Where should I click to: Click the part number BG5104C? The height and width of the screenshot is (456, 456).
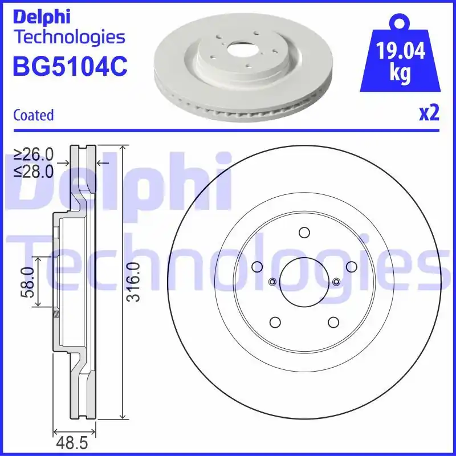tap(70, 66)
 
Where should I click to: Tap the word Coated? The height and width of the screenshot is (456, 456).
tap(34, 115)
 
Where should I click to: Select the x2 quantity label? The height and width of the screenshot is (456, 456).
tap(429, 113)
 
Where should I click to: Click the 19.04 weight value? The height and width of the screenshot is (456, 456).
tap(401, 52)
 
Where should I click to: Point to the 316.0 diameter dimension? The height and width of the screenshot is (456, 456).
tap(133, 282)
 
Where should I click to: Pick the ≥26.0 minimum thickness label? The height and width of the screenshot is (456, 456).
tap(34, 154)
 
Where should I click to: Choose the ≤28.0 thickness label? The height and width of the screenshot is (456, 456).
tap(34, 170)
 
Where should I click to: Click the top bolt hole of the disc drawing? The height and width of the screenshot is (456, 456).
tap(304, 233)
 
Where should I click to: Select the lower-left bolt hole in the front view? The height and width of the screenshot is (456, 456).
tap(275, 322)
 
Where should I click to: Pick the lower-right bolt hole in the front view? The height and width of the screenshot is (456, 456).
tap(333, 322)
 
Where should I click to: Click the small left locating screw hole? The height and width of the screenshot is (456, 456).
tap(272, 281)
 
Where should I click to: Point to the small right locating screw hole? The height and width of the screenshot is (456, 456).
tap(336, 281)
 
